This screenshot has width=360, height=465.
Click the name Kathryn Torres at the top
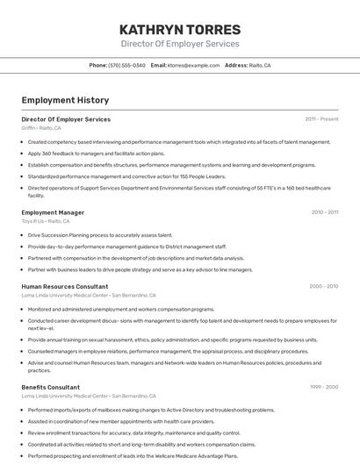179,29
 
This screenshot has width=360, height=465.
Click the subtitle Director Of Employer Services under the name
179,43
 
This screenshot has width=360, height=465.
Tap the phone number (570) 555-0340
126,65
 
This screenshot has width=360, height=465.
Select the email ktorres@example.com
193,65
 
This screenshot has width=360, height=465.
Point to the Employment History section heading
65,100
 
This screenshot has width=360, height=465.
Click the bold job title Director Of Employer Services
66,118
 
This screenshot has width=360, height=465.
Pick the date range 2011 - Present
321,118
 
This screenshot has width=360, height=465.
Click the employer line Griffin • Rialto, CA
41,128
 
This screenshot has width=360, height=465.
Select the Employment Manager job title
53,211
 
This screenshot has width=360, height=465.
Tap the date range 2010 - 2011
324,211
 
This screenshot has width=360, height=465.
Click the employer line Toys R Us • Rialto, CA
46,221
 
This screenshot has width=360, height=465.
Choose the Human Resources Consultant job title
65,286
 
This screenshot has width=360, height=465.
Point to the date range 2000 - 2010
323,286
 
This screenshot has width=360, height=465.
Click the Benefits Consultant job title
50,387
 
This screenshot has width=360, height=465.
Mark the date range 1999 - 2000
324,387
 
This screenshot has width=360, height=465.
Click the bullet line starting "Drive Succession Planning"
100,235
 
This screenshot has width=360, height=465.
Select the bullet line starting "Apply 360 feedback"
96,153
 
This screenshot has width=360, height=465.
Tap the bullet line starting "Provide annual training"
172,340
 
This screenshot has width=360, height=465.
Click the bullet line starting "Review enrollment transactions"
133,433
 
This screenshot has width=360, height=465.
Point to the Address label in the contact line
236,65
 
